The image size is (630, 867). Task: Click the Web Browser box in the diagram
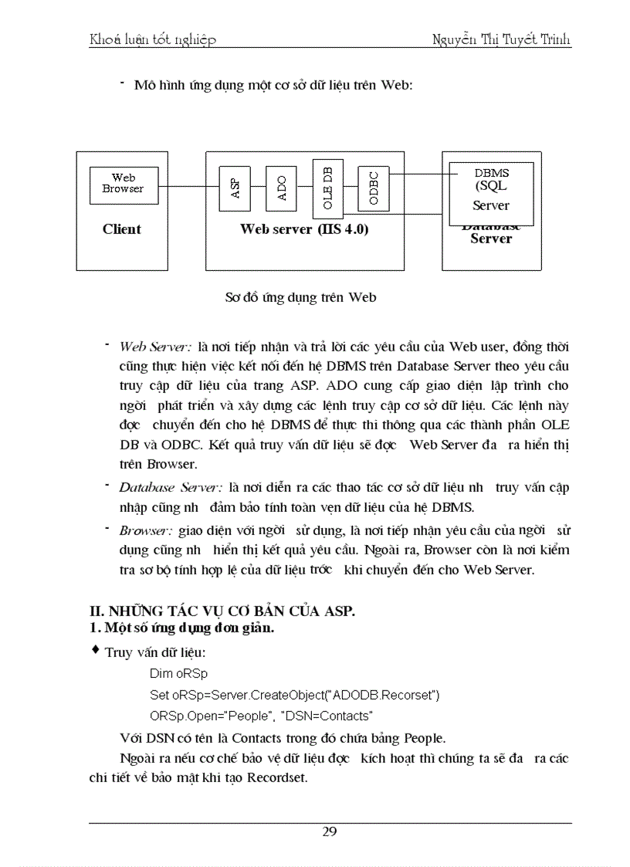pyautogui.click(x=124, y=185)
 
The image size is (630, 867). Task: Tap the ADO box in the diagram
pyautogui.click(x=282, y=188)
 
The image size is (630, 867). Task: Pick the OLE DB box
pyautogui.click(x=327, y=188)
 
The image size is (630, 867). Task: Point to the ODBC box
pyautogui.click(x=374, y=187)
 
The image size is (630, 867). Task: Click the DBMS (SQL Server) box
pyautogui.click(x=491, y=190)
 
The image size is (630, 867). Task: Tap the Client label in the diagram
pyautogui.click(x=122, y=229)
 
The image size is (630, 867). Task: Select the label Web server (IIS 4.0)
pyautogui.click(x=304, y=229)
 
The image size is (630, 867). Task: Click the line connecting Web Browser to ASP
pyautogui.click(x=189, y=186)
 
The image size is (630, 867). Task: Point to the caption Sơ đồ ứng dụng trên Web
pyautogui.click(x=301, y=297)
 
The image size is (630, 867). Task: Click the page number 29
pyautogui.click(x=330, y=831)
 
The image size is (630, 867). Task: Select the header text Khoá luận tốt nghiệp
pyautogui.click(x=153, y=39)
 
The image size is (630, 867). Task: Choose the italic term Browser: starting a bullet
pyautogui.click(x=147, y=531)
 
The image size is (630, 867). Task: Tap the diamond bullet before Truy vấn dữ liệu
pyautogui.click(x=96, y=651)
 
